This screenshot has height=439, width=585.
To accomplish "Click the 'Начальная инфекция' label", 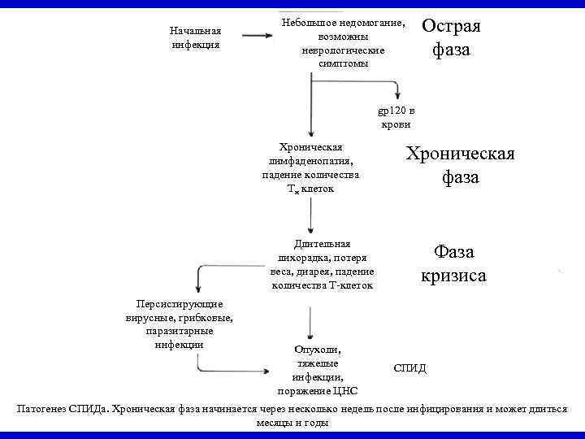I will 195,37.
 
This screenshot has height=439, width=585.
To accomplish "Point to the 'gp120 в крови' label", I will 396,117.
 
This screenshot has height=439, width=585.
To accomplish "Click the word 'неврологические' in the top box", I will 342,50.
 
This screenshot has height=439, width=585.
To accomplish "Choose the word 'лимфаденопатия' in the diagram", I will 310,161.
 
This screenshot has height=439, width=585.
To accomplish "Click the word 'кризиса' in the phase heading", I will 453,276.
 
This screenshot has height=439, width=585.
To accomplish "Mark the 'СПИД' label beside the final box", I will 409,368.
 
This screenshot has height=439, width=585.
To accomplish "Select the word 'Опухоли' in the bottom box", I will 318,350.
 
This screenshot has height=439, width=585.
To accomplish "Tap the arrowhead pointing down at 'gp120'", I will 396,92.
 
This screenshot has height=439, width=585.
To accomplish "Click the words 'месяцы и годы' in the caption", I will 292,423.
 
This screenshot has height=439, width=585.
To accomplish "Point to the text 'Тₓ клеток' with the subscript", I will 310,189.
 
